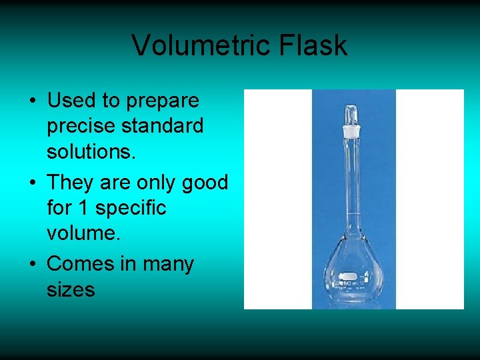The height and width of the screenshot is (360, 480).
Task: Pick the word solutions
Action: click(x=91, y=152)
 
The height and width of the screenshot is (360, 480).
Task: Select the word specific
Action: click(x=131, y=208)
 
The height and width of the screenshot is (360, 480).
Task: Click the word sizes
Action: click(x=71, y=289)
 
